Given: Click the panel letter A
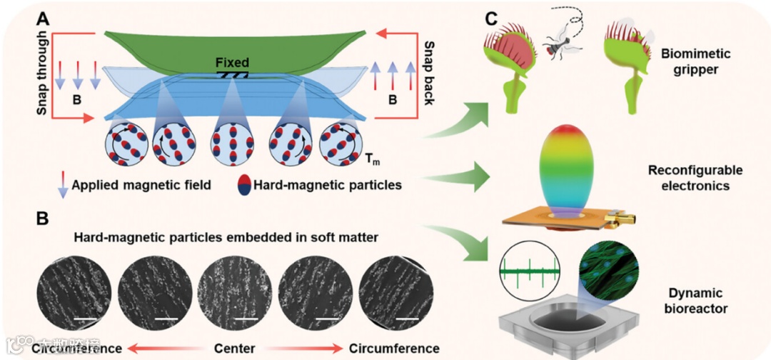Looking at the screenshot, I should tap(44, 20).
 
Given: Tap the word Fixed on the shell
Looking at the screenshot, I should tap(232, 63).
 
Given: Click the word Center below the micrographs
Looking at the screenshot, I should tap(235, 349).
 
